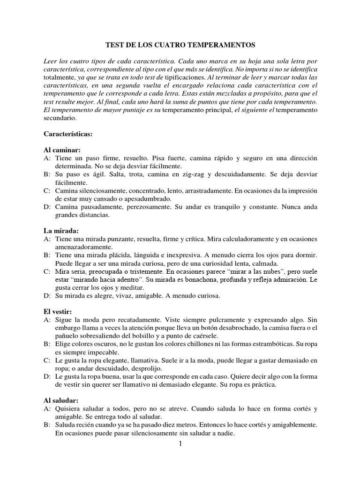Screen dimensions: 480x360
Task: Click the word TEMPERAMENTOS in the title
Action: [x=224, y=45]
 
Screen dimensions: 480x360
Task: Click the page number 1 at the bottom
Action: [x=180, y=444]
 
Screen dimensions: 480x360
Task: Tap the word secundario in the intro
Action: [x=58, y=118]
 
